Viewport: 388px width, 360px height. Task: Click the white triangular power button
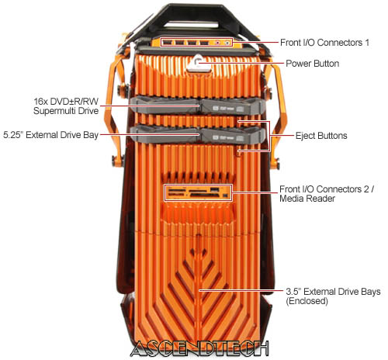(197, 63)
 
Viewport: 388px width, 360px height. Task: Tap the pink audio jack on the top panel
(218, 43)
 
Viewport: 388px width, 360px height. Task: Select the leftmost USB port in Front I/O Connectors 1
(168, 42)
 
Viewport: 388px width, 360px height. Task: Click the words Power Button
(312, 64)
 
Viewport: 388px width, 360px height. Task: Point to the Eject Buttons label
(321, 136)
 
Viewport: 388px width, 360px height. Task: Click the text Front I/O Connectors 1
(324, 43)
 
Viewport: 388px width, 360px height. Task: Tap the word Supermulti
(55, 111)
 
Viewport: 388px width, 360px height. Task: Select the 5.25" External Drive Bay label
(50, 135)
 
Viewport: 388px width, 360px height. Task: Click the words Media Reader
(307, 199)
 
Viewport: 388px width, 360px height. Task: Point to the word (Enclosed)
(307, 301)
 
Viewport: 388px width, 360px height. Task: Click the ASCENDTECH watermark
(199, 348)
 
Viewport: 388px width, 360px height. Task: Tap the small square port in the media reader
(226, 196)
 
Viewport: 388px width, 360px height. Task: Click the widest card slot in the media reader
(204, 196)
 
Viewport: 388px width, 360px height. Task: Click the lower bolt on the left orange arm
(116, 161)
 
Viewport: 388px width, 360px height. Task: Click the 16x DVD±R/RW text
(66, 101)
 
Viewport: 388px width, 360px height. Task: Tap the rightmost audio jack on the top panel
(227, 43)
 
